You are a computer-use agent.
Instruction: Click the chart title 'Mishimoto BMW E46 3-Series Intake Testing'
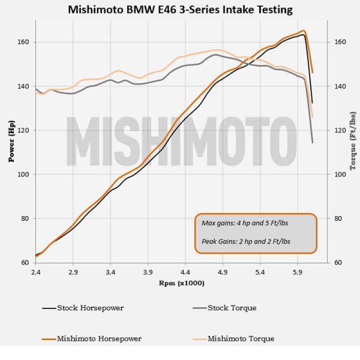pos(180,9)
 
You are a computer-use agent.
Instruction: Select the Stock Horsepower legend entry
pos(90,308)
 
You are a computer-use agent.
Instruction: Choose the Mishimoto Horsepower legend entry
pos(99,339)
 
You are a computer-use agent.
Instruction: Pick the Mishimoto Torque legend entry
pos(240,339)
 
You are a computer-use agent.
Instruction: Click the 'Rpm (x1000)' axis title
pos(182,283)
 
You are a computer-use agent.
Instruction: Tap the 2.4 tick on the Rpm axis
pos(36,273)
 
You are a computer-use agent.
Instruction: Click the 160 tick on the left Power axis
pos(23,42)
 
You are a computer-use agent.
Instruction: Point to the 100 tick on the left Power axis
pos(23,175)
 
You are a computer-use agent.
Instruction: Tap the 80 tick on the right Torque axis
pos(340,219)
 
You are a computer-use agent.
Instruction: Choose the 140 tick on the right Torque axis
pos(340,86)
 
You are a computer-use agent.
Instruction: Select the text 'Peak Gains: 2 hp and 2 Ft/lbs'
pos(245,241)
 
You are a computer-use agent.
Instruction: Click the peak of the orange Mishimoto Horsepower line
pos(304,31)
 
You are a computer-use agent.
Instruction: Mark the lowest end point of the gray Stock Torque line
pos(312,143)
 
